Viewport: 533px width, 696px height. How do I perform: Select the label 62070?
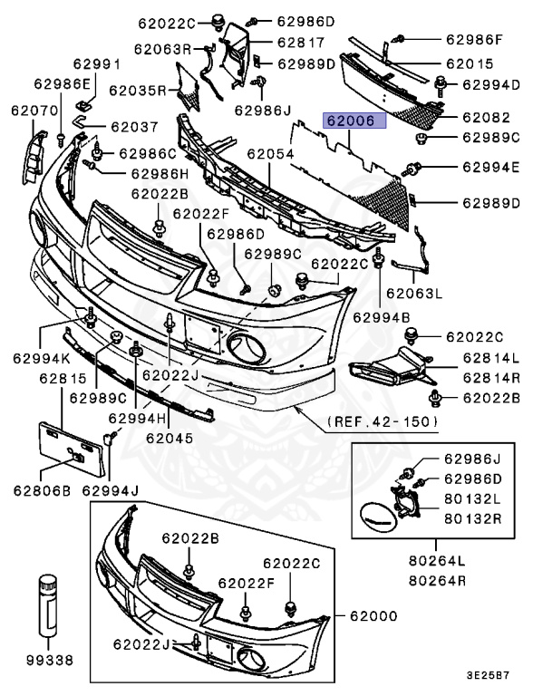tap(34, 111)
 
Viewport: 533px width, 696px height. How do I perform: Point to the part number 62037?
tap(134, 127)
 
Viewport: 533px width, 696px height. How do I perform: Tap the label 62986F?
tap(473, 40)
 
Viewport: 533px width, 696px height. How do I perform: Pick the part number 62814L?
tap(490, 358)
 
